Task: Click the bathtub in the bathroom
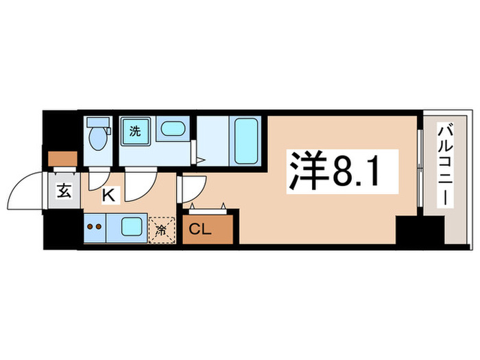click(245, 140)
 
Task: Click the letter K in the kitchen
click(108, 195)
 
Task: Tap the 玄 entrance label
click(64, 191)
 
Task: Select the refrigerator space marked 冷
click(163, 230)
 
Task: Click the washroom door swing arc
click(140, 182)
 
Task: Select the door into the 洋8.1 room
click(193, 189)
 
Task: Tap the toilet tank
click(98, 124)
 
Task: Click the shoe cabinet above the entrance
click(63, 158)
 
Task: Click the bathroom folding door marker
click(199, 161)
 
